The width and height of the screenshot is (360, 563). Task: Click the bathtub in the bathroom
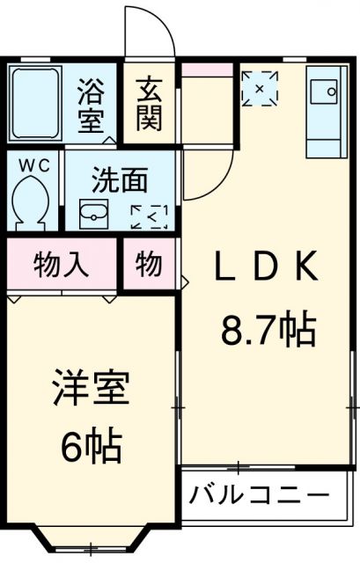point(34,104)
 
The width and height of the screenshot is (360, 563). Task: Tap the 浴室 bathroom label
point(92,103)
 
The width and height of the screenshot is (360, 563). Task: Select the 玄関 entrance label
point(149,103)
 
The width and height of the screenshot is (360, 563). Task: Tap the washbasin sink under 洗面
point(93,213)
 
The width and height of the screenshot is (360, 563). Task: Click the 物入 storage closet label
point(62,265)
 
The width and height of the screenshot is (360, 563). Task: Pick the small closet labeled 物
point(148,265)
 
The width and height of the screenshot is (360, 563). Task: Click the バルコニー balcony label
point(259,494)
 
